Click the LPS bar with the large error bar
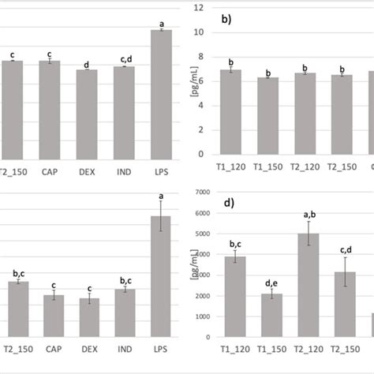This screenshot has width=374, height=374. coord(160,276)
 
